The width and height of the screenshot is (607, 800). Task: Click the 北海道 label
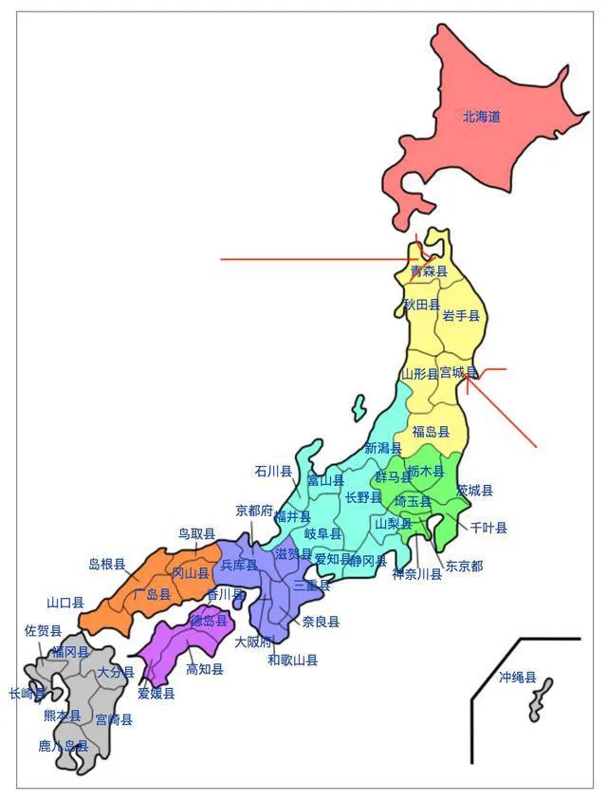click(481, 118)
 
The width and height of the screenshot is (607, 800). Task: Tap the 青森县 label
click(428, 272)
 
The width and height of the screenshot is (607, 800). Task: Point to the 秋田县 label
click(422, 305)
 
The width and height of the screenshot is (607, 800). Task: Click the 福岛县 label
click(431, 432)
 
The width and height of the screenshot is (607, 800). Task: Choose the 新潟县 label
click(383, 447)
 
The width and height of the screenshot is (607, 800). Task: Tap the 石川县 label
click(273, 471)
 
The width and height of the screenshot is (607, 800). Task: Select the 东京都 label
click(464, 566)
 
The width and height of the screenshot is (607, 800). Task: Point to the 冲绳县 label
click(518, 678)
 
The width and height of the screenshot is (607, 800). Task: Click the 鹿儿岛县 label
click(64, 747)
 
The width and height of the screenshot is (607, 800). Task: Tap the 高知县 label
click(205, 669)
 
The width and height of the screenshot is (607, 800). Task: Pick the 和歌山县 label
click(292, 660)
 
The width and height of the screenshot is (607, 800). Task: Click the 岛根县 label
click(107, 564)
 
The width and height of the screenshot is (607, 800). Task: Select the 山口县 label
click(65, 602)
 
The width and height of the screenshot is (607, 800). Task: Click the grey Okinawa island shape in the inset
click(542, 699)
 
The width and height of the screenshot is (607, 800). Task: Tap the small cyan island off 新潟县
click(359, 408)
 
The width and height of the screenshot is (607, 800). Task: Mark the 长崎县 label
click(27, 694)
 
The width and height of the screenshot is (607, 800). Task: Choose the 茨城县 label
click(474, 491)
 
